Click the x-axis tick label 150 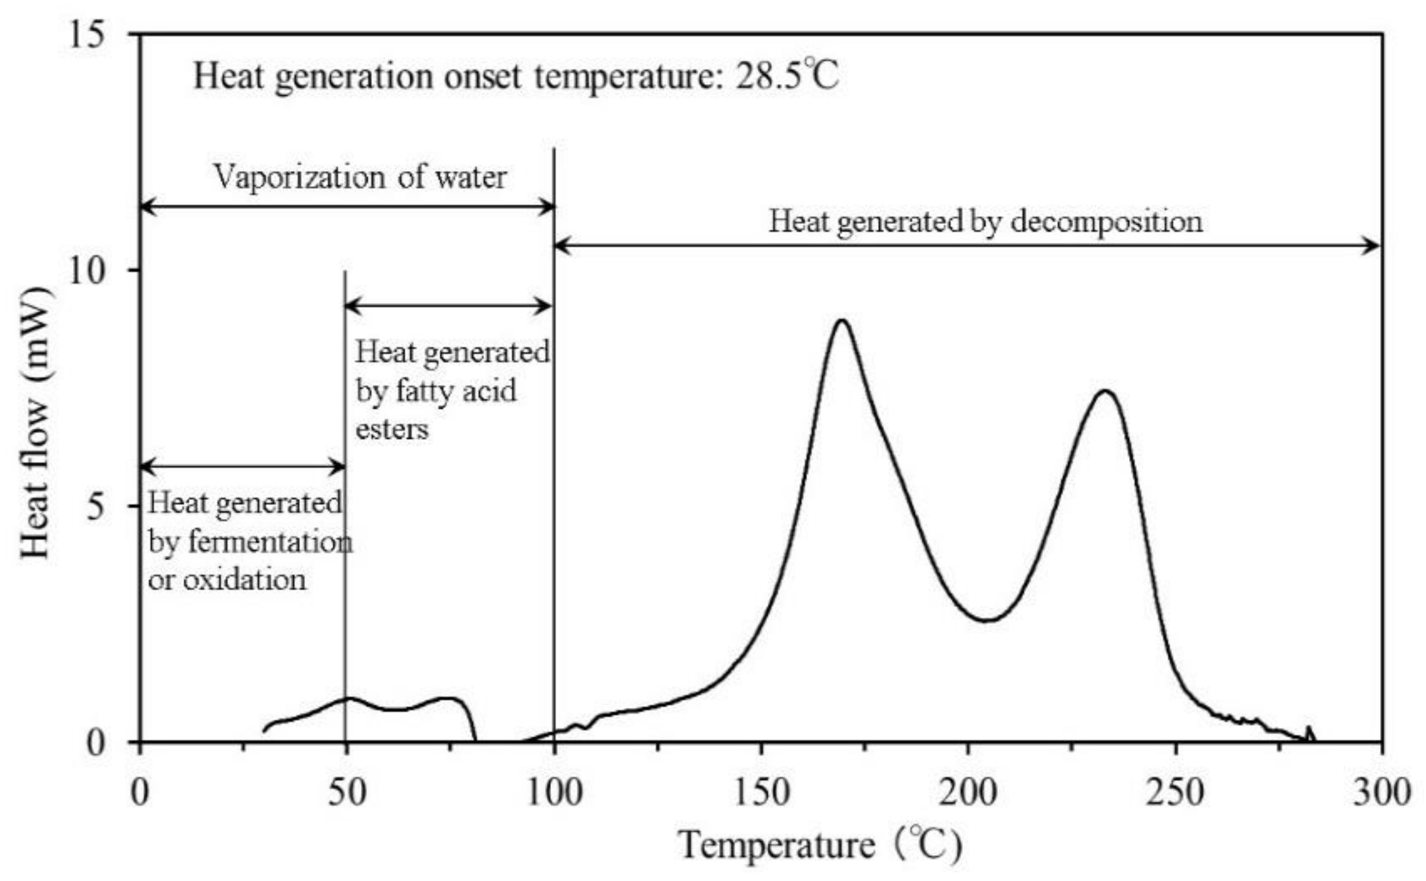click(x=761, y=793)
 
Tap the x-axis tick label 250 click(x=1175, y=793)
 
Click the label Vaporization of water click(x=360, y=178)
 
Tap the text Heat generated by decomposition click(x=985, y=221)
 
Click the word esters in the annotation click(x=392, y=429)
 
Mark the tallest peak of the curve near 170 click(x=842, y=320)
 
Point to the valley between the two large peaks click(x=986, y=620)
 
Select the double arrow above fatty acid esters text click(x=449, y=306)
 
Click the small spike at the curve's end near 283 click(x=1308, y=729)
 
